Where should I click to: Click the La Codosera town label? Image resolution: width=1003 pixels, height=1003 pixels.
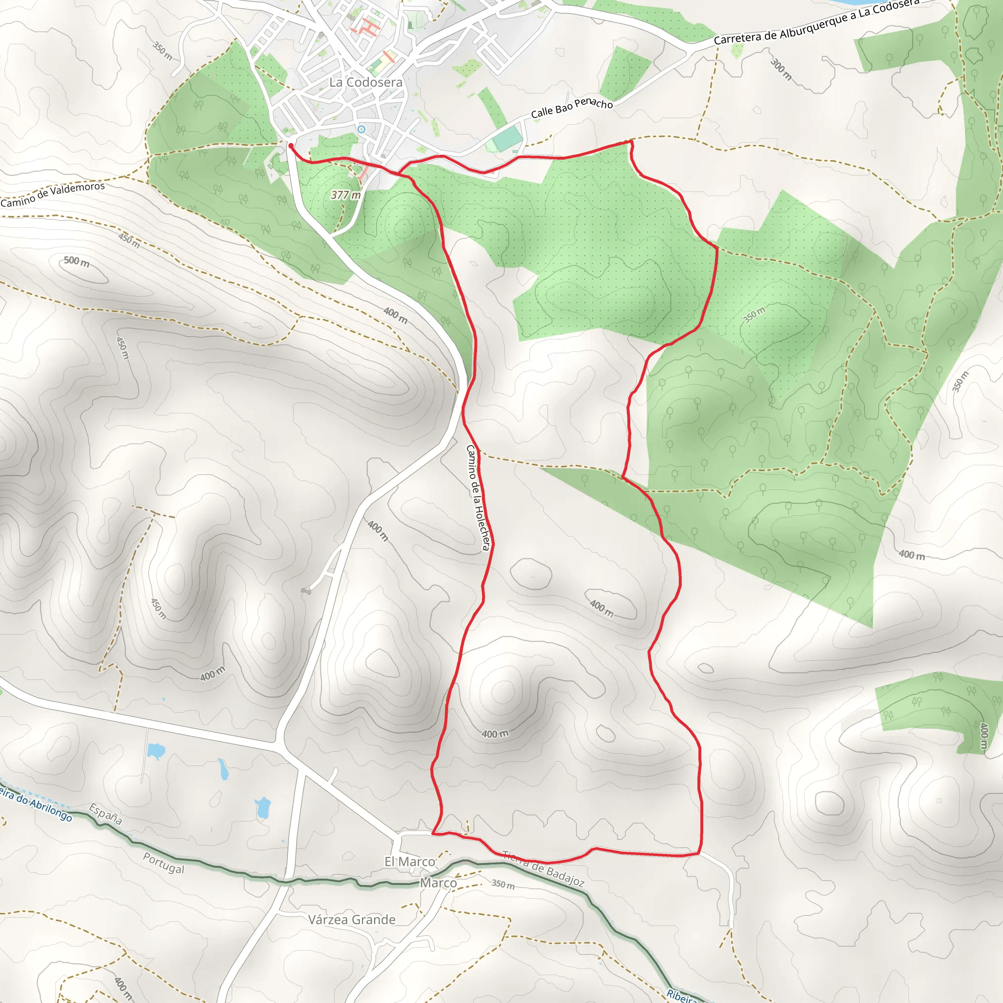coord(365,82)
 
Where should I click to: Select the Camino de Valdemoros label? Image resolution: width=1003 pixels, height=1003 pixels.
coord(52,194)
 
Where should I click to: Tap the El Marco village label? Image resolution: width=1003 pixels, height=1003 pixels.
coord(409,862)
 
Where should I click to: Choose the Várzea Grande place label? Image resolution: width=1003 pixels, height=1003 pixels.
coord(352,920)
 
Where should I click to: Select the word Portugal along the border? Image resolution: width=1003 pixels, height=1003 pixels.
coord(164,863)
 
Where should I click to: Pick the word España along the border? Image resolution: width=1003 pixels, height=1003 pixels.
coord(105,814)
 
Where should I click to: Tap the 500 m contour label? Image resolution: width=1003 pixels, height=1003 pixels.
coord(77,262)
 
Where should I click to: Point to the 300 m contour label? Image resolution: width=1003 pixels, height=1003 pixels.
coord(781,69)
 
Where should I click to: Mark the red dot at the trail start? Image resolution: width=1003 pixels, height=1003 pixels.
coord(291,146)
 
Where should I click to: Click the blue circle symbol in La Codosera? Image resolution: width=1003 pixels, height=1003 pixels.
coord(361,129)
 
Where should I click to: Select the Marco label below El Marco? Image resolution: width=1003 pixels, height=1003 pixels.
coord(438,883)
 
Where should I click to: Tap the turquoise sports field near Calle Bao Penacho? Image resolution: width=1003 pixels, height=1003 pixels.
coord(507,139)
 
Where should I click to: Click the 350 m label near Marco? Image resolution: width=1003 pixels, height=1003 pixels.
coord(503,884)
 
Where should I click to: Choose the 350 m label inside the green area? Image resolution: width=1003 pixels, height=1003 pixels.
coord(754,314)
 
